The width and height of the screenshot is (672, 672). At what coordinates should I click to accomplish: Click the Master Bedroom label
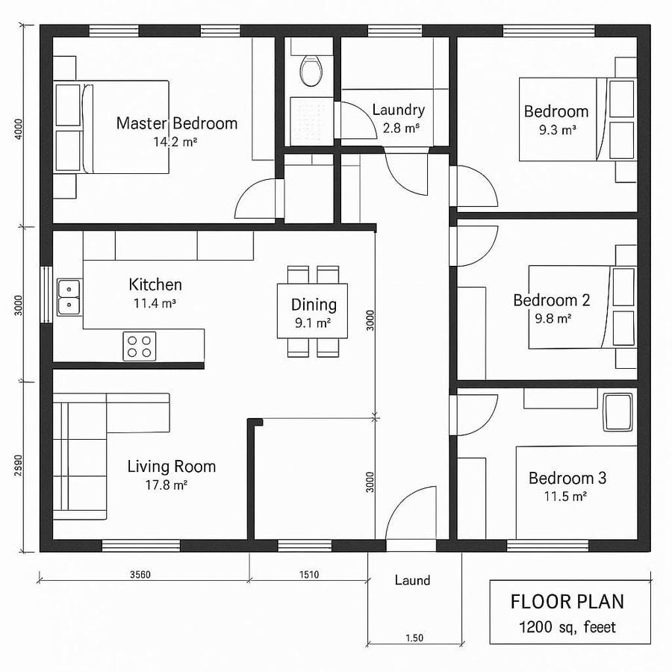pyautogui.click(x=176, y=123)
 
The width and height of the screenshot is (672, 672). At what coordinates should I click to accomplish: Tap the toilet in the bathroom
pyautogui.click(x=311, y=71)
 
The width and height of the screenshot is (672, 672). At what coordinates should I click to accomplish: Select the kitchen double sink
pyautogui.click(x=69, y=296)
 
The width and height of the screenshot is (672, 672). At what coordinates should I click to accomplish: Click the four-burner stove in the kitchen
pyautogui.click(x=140, y=346)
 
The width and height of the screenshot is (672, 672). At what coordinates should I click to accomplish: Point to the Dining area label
pyautogui.click(x=314, y=305)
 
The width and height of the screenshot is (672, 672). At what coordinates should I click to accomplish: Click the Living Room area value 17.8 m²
pyautogui.click(x=166, y=485)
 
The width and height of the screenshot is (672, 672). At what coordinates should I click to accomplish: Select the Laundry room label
pyautogui.click(x=398, y=111)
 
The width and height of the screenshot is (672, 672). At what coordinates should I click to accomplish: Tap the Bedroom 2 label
pyautogui.click(x=551, y=300)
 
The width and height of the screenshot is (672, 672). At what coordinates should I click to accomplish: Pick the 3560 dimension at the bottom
pyautogui.click(x=140, y=574)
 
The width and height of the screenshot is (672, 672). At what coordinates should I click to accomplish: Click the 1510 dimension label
pyautogui.click(x=308, y=574)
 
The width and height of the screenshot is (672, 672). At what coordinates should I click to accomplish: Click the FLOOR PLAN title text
pyautogui.click(x=567, y=602)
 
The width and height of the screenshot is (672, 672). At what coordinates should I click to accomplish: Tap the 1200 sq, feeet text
pyautogui.click(x=567, y=626)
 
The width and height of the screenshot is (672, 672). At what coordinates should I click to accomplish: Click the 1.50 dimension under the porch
pyautogui.click(x=414, y=638)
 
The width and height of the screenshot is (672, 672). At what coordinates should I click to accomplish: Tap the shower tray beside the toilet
pyautogui.click(x=312, y=119)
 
